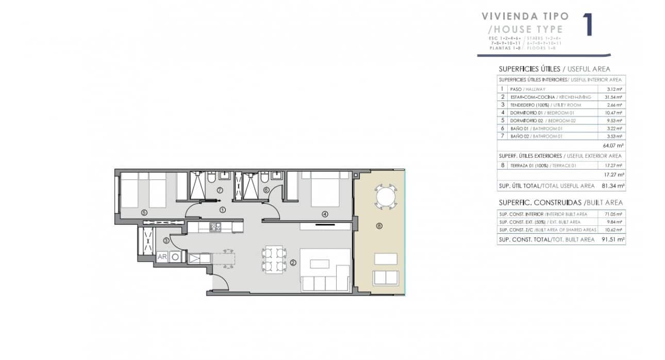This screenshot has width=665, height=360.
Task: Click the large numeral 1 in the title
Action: [587, 25]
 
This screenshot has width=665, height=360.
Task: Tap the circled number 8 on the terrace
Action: [379, 226]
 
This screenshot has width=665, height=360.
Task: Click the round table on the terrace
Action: [386, 196]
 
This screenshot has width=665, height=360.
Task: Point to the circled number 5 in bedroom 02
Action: [144, 212]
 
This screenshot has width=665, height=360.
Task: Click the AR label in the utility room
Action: [162, 256]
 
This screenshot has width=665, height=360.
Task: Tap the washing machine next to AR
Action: [176, 256]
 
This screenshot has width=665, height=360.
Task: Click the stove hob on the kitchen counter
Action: [215, 226]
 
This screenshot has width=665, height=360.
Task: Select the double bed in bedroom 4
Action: [324, 190]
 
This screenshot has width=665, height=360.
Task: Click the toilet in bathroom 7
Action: [211, 179]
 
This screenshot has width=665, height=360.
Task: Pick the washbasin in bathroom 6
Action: [276, 175]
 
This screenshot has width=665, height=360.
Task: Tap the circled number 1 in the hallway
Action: [222, 210]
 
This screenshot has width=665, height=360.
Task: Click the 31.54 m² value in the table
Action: [613, 97]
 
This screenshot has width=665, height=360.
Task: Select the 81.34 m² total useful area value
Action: [612, 186]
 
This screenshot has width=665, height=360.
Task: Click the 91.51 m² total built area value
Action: [612, 239]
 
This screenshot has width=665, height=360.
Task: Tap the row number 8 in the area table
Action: [502, 166]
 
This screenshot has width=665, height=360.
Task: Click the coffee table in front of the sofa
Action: [320, 264]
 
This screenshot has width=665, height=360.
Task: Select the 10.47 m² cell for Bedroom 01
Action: [613, 112]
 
